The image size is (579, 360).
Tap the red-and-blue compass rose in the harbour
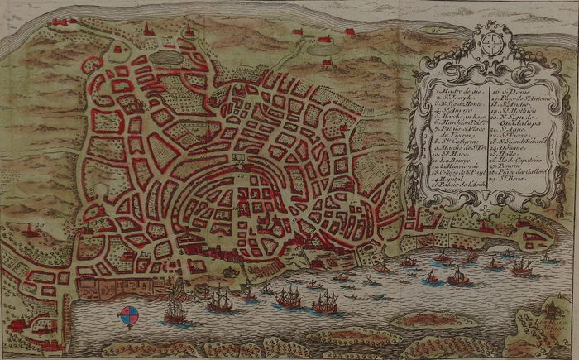(130, 315)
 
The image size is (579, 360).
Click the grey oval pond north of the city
(165, 60)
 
